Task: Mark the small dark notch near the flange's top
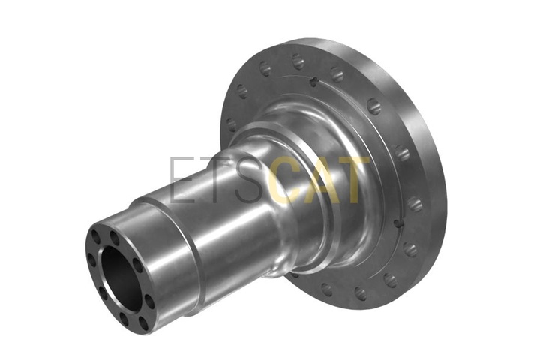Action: [313, 81]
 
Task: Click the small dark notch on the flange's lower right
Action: [397, 223]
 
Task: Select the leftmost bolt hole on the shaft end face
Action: [91, 259]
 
